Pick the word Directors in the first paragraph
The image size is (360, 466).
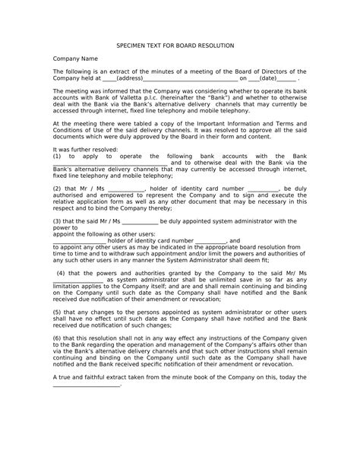[269, 71]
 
